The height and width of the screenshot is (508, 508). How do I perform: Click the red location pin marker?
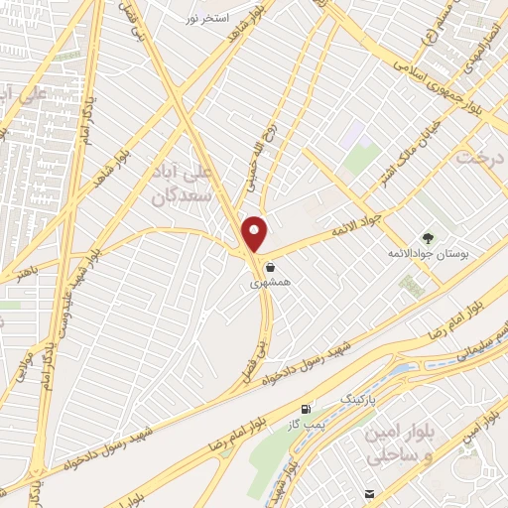[256, 234]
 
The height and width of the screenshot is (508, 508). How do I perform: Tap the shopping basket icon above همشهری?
[270, 266]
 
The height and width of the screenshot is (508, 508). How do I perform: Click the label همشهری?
[268, 283]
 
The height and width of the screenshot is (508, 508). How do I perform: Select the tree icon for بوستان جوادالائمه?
[428, 238]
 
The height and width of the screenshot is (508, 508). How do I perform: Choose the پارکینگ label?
[360, 396]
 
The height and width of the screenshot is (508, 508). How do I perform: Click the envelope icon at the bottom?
[370, 493]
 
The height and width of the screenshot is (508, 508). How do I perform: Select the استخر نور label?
[209, 19]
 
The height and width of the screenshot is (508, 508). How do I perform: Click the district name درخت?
[480, 157]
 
